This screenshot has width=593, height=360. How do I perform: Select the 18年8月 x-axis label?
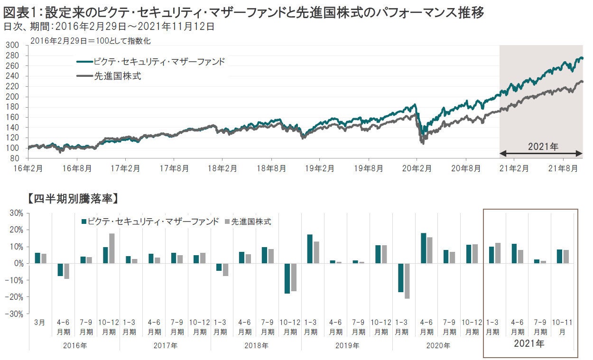click(x=272, y=168)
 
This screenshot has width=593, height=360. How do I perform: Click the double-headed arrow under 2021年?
click(x=541, y=153)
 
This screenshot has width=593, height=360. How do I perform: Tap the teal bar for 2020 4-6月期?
click(x=423, y=248)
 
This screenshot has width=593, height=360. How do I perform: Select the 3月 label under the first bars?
click(x=40, y=322)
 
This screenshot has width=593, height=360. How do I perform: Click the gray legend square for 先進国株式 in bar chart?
click(x=227, y=222)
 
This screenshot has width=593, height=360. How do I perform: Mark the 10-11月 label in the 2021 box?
click(x=562, y=327)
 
